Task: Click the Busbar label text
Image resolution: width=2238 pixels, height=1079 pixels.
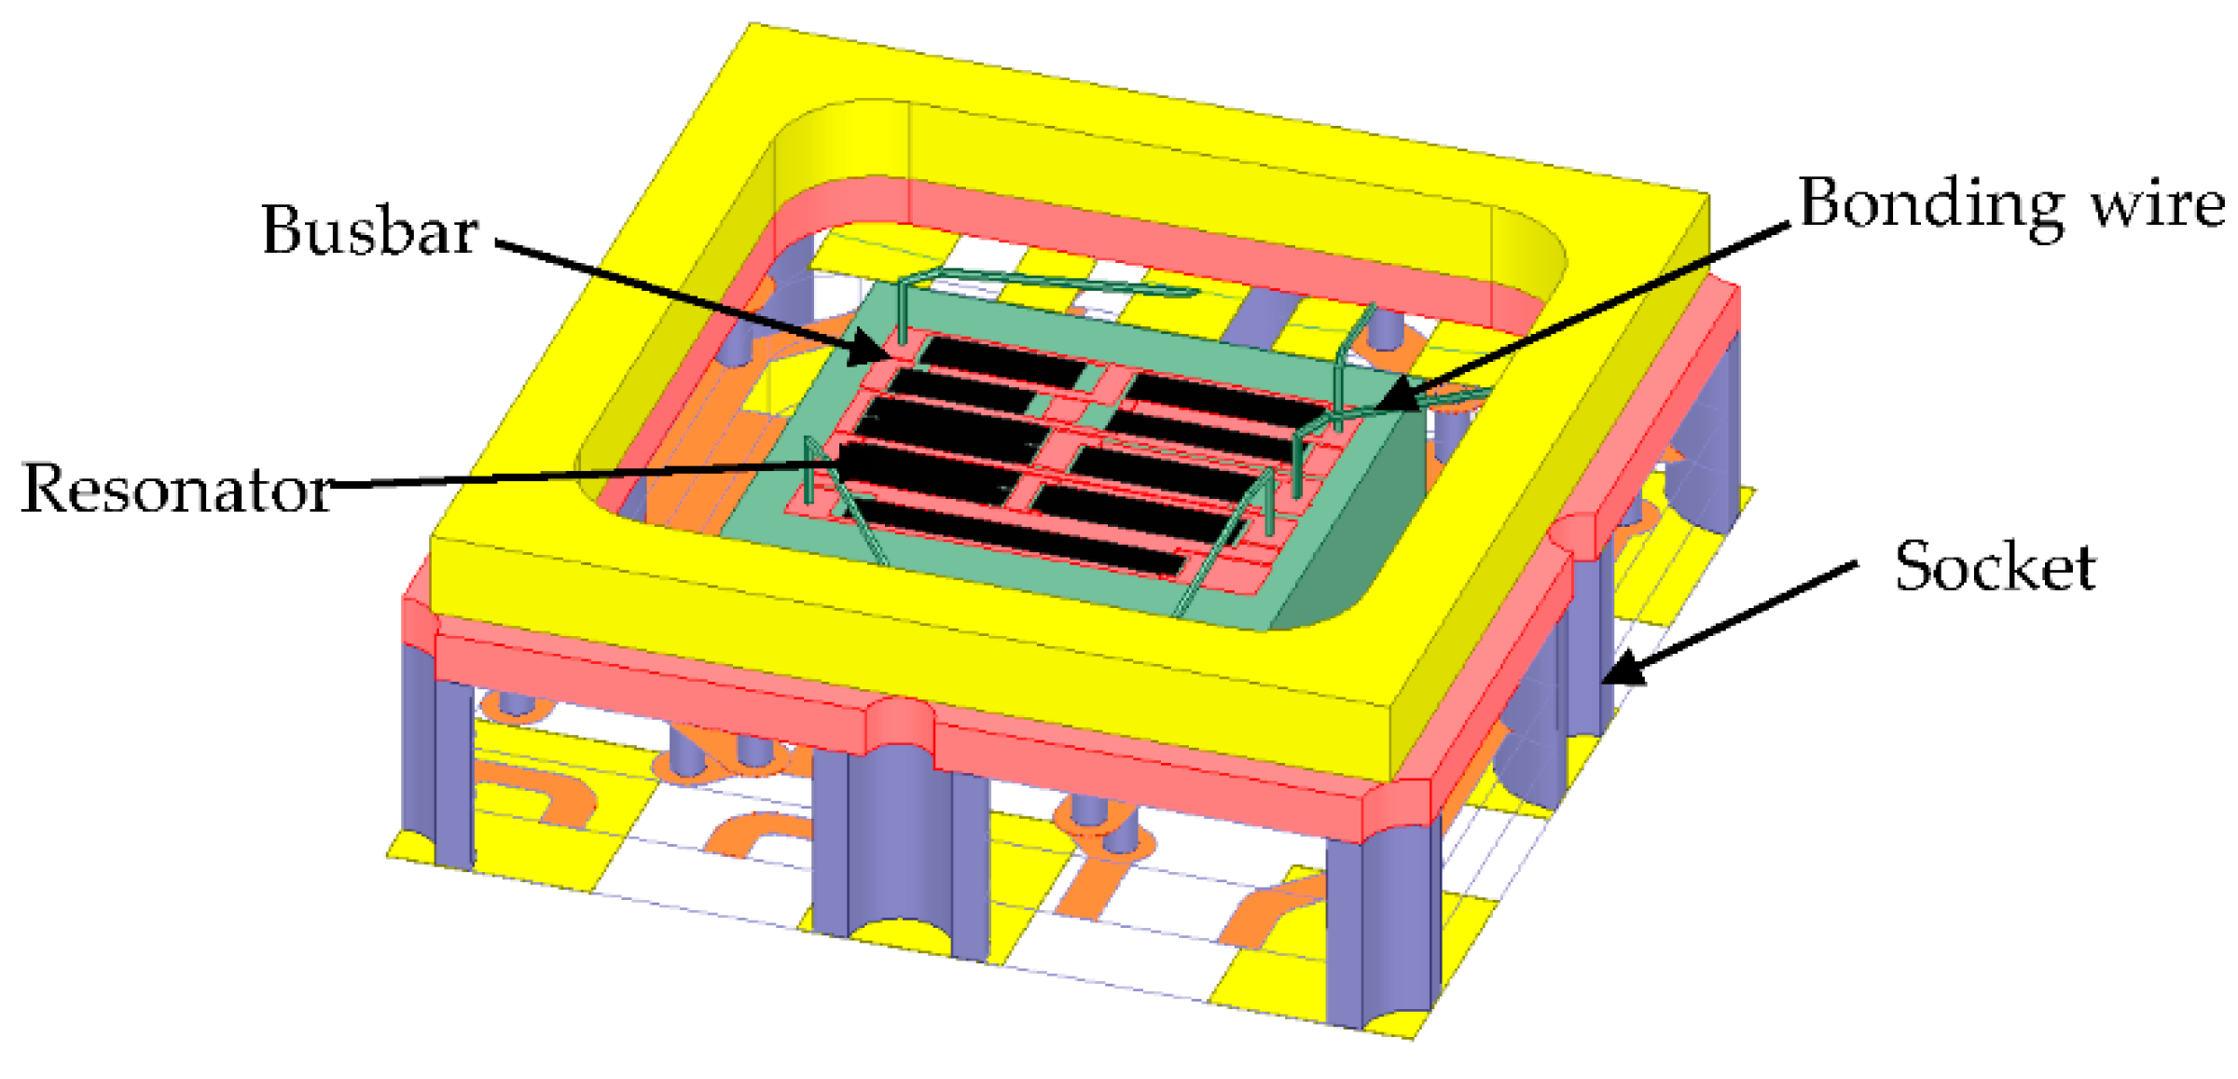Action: [x=370, y=229]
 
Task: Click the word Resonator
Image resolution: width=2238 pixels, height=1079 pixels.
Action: [x=177, y=488]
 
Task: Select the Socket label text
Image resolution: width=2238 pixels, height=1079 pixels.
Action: [x=1996, y=566]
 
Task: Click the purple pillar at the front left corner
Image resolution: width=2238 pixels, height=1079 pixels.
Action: [x=436, y=755]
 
